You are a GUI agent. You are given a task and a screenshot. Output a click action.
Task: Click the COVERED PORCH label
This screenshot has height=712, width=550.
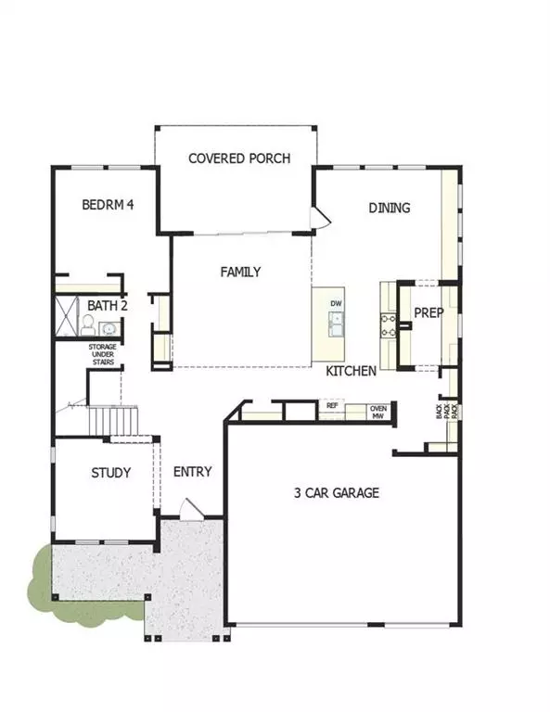point(239,159)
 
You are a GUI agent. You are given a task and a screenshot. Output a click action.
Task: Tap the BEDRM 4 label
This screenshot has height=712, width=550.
point(109,205)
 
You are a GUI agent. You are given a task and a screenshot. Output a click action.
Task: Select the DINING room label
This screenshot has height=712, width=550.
point(390,208)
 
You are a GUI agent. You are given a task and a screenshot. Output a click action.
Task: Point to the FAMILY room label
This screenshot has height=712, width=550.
point(240,273)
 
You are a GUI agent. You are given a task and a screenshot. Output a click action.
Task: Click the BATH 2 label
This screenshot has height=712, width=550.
point(108,306)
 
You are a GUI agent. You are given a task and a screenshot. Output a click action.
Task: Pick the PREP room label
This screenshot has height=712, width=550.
point(428,313)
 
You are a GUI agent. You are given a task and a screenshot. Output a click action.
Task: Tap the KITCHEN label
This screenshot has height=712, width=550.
point(351,371)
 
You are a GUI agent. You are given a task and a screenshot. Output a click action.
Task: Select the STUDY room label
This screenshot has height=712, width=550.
point(110,473)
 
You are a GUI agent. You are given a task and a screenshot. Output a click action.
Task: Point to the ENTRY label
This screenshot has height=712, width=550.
point(193,472)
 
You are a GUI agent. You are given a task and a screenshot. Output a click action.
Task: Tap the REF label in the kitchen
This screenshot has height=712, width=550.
point(332,405)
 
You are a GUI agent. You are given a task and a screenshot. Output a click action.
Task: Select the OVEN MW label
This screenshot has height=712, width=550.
point(378,411)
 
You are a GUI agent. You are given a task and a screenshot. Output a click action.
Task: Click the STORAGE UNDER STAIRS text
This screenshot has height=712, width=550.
point(103,354)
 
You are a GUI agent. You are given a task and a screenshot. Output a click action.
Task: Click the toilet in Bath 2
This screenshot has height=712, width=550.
point(87,324)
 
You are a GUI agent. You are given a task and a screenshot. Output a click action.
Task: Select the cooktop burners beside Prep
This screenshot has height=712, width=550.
point(388,324)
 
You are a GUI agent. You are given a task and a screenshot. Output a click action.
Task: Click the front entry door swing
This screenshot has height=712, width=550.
point(190,509)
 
